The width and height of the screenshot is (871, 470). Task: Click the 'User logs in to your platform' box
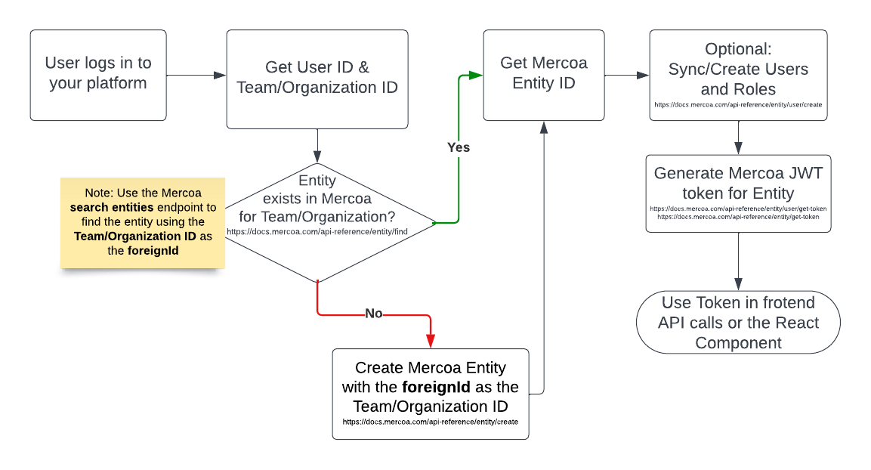pyautogui.click(x=98, y=75)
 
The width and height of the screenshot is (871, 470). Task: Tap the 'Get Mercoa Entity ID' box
pyautogui.click(x=543, y=75)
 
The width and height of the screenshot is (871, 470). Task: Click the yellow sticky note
pyautogui.click(x=143, y=222)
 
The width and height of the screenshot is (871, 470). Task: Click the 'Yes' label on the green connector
pyautogui.click(x=459, y=147)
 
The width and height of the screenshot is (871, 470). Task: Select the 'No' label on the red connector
pyautogui.click(x=373, y=314)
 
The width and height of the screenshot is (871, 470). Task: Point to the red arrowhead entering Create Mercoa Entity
pyautogui.click(x=430, y=341)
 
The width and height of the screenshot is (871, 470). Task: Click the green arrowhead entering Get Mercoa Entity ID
pyautogui.click(x=475, y=75)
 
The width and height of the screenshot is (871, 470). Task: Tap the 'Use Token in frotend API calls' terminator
pyautogui.click(x=738, y=323)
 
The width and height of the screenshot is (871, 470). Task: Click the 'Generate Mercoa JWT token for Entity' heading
pyautogui.click(x=738, y=183)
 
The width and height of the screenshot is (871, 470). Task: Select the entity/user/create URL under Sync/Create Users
pyautogui.click(x=738, y=104)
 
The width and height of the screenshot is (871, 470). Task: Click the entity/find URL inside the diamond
pyautogui.click(x=317, y=231)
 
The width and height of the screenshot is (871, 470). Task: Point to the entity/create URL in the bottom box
pyautogui.click(x=430, y=422)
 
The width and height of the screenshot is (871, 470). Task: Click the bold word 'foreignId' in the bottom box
pyautogui.click(x=436, y=387)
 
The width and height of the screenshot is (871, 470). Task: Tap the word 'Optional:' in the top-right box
pyautogui.click(x=738, y=49)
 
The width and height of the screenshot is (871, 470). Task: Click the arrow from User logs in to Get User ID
pyautogui.click(x=196, y=75)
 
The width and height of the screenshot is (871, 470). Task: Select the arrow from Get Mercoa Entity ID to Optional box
pyautogui.click(x=626, y=75)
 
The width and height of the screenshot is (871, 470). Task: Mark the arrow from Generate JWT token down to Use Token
pyautogui.click(x=738, y=261)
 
